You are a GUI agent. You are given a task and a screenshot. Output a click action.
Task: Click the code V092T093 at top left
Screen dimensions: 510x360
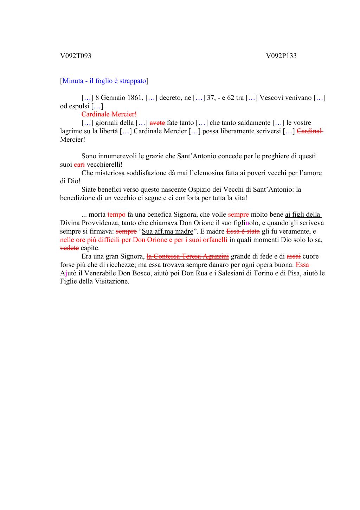point(76,56)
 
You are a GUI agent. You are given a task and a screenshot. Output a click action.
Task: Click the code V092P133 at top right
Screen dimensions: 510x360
point(281,56)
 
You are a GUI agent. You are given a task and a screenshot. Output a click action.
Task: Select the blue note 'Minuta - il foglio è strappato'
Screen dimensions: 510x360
point(104,81)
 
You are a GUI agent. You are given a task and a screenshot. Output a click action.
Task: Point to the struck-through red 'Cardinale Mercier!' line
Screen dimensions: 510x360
point(109,114)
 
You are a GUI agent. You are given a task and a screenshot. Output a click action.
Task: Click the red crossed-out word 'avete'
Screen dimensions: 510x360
point(157,123)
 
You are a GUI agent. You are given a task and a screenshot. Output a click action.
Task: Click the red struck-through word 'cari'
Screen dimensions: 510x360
point(79,165)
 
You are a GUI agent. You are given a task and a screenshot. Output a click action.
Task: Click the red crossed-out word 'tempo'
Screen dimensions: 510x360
point(116,215)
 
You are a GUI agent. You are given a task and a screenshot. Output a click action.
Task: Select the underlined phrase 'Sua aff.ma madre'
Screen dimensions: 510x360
point(167,231)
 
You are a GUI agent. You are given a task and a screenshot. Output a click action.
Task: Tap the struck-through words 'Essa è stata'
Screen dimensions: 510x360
point(243,231)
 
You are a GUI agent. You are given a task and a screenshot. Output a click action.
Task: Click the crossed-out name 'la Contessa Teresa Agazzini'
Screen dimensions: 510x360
point(187,256)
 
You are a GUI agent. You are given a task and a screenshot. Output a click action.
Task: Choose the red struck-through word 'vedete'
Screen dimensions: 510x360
point(69,248)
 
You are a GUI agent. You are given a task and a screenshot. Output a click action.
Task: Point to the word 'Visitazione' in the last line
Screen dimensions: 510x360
point(112,281)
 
